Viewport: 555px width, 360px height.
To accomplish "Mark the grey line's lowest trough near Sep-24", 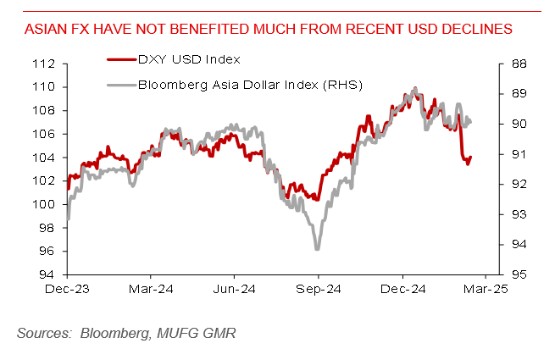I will pyautogui.click(x=317, y=249).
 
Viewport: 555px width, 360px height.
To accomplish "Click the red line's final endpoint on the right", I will pyautogui.click(x=471, y=157).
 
